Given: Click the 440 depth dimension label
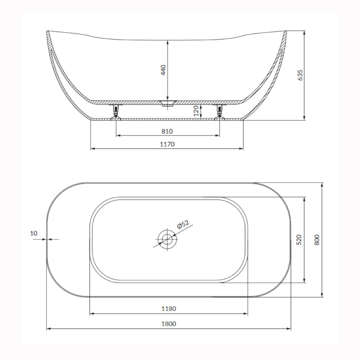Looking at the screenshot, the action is tap(163, 70).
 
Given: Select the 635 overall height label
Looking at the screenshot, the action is tap(300, 75).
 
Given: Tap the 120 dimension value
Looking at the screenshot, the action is tap(196, 111).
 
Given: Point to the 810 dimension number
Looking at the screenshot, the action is tap(167, 131).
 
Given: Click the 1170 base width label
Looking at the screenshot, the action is tap(167, 144).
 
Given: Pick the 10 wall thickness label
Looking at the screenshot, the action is tap(33, 233).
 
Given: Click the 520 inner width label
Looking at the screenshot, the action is tap(299, 240).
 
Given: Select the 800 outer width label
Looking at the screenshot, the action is tap(316, 240).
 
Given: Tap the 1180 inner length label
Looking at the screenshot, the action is tap(169, 309).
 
